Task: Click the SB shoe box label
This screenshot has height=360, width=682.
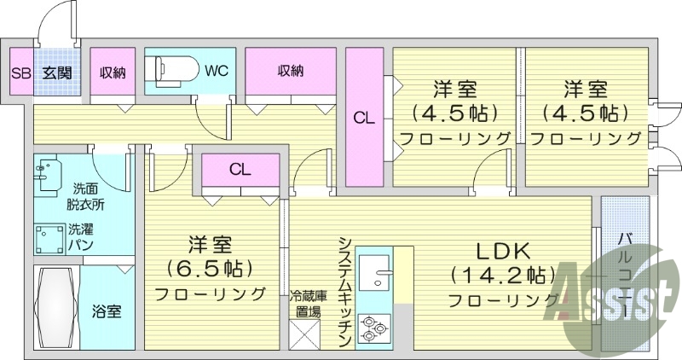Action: pyautogui.click(x=21, y=73)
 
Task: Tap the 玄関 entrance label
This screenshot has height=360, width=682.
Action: pyautogui.click(x=57, y=73)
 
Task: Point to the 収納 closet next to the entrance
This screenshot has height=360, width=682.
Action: pyautogui.click(x=113, y=73)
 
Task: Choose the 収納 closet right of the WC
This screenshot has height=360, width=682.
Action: pyautogui.click(x=290, y=73)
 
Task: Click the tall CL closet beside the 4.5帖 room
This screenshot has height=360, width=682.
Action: pyautogui.click(x=365, y=119)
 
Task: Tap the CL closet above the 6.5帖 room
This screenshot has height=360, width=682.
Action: pyautogui.click(x=240, y=170)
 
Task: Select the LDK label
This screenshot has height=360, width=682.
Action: pyautogui.click(x=503, y=251)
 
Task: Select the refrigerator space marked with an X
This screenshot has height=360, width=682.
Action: pyautogui.click(x=305, y=334)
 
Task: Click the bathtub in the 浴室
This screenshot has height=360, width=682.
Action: pyautogui.click(x=56, y=308)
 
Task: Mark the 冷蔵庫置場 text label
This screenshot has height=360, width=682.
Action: pyautogui.click(x=308, y=304)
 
